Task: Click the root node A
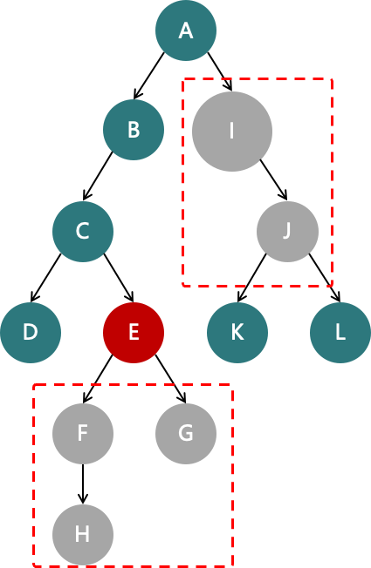point(186,30)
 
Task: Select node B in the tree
point(134,130)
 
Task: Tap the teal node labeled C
point(83,232)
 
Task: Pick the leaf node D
point(31,333)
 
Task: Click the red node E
point(134,333)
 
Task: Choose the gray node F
point(83,434)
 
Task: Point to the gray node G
point(186,434)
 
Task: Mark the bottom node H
point(83,535)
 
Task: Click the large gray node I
point(232,132)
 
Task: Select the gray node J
point(287,232)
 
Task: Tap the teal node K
point(237,333)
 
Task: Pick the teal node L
point(340,333)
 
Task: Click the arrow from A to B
point(148,76)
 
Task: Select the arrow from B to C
point(98,176)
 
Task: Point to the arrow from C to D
point(45,278)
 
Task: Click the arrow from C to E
point(119,278)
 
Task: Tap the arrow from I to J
point(274,179)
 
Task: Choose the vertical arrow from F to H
point(83,484)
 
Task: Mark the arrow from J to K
point(252,278)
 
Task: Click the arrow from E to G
point(170,379)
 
